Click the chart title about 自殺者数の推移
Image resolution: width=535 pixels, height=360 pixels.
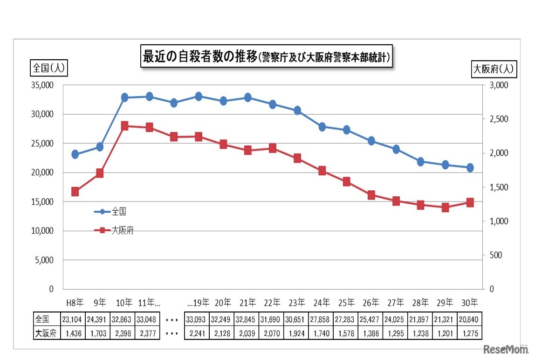point(267,57)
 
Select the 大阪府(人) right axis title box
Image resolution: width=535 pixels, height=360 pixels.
point(493,69)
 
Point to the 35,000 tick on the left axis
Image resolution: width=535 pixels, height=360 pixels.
point(42,85)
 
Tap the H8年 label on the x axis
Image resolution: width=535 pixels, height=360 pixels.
point(75,303)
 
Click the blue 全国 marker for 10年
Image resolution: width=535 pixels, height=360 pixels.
point(124,97)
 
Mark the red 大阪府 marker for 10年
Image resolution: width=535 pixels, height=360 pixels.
point(124,126)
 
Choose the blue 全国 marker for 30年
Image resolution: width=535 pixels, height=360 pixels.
point(470,167)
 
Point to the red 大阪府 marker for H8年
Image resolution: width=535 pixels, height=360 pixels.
point(75,192)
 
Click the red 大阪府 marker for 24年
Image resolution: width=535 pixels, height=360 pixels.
point(322,171)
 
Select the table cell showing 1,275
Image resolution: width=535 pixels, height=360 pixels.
point(470,333)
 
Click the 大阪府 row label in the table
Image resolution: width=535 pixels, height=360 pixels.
point(47,333)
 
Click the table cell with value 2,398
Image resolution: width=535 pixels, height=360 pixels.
point(122,333)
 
